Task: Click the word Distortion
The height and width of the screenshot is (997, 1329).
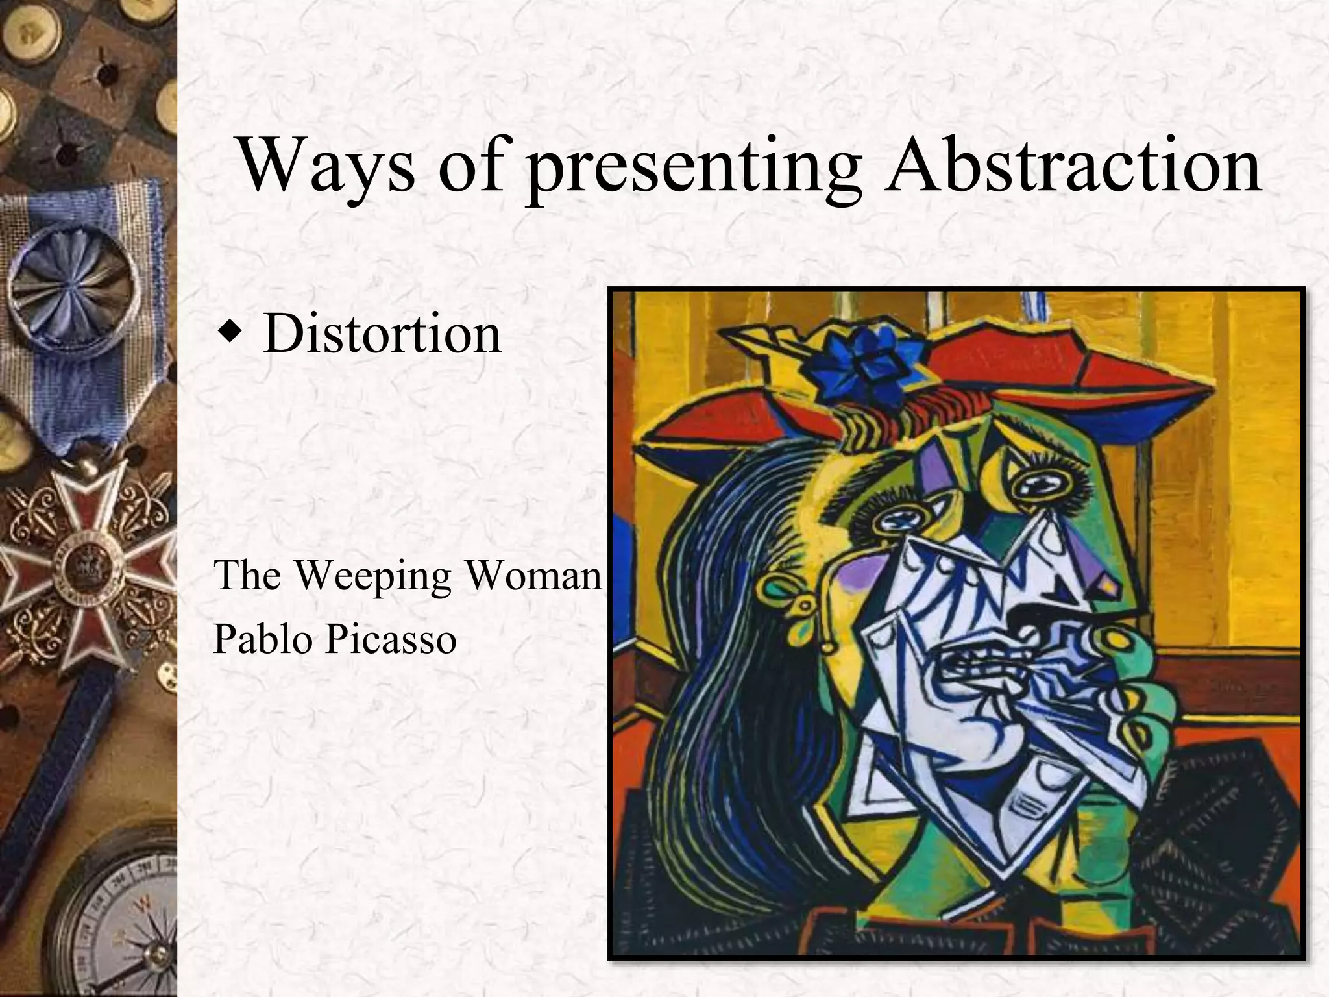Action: click(x=382, y=334)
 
